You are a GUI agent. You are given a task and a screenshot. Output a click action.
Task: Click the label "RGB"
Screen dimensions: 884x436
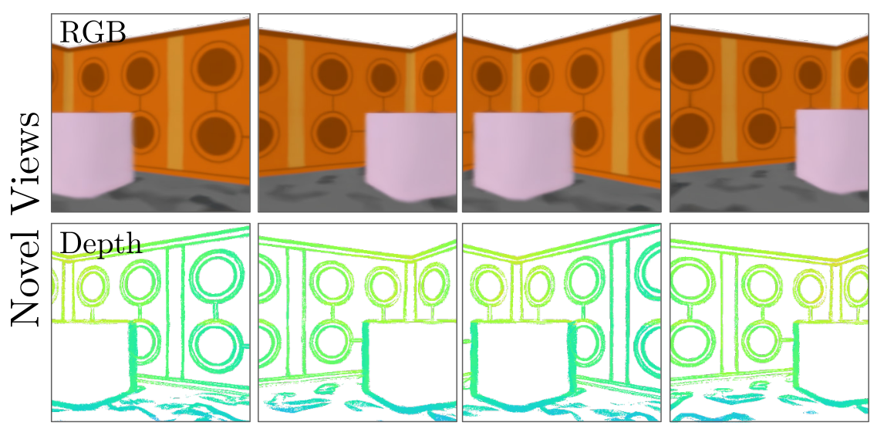[x=93, y=33]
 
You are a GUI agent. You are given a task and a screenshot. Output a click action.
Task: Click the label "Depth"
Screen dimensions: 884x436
[x=100, y=244]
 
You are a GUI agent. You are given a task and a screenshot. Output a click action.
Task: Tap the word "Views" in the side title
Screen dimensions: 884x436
[x=25, y=163]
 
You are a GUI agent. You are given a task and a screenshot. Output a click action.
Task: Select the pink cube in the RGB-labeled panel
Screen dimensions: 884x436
[x=92, y=154]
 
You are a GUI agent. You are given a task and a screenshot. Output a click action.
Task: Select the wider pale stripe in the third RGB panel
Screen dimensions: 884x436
[x=620, y=102]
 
